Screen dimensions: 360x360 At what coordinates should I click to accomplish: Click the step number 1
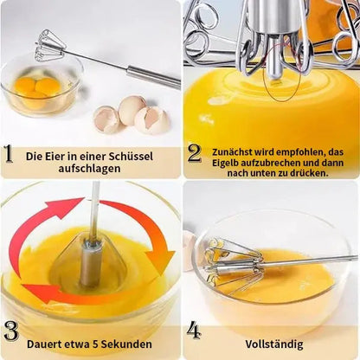(x=9, y=154)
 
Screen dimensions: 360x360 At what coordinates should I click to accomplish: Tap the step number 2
(x=195, y=153)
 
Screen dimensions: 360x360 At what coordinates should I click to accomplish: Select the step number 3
(x=11, y=331)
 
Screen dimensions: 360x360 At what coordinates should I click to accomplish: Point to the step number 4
(x=194, y=330)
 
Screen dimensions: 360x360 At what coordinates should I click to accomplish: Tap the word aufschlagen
(x=89, y=169)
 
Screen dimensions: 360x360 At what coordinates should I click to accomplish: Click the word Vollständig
(x=274, y=344)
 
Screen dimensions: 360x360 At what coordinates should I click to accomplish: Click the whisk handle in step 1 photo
(x=154, y=76)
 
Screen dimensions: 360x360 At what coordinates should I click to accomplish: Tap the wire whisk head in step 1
(x=49, y=46)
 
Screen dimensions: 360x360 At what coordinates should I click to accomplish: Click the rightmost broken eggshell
(x=152, y=120)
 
